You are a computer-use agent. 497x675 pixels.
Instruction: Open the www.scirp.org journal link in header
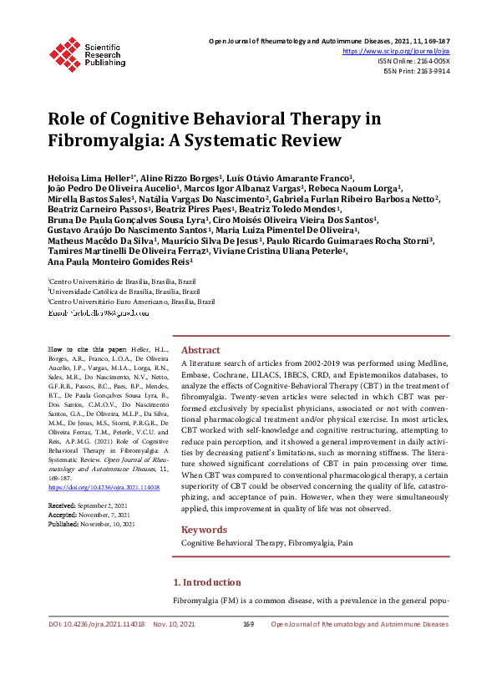pyautogui.click(x=403, y=51)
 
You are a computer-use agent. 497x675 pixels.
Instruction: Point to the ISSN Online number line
pyautogui.click(x=413, y=61)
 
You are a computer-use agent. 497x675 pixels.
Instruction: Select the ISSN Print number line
pyautogui.click(x=416, y=71)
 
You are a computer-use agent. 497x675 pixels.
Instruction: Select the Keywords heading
pyautogui.click(x=204, y=530)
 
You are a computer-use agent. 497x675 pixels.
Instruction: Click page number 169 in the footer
pyautogui.click(x=248, y=647)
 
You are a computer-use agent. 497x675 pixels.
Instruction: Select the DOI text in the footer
pyautogui.click(x=96, y=647)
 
